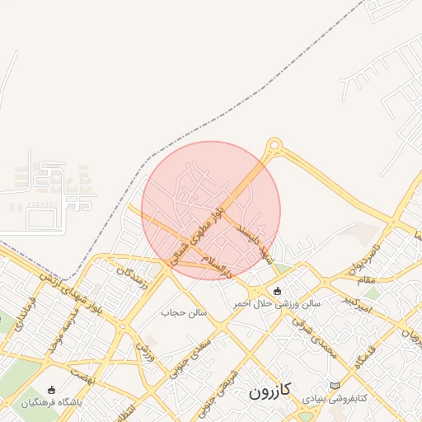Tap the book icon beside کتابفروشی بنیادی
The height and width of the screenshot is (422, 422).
pyautogui.click(x=334, y=386)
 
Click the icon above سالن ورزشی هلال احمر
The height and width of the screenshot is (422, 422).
pyautogui.click(x=276, y=291)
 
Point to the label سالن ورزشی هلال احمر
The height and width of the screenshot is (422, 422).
pyautogui.click(x=275, y=303)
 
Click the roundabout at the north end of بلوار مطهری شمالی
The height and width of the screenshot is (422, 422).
pyautogui.click(x=275, y=148)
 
